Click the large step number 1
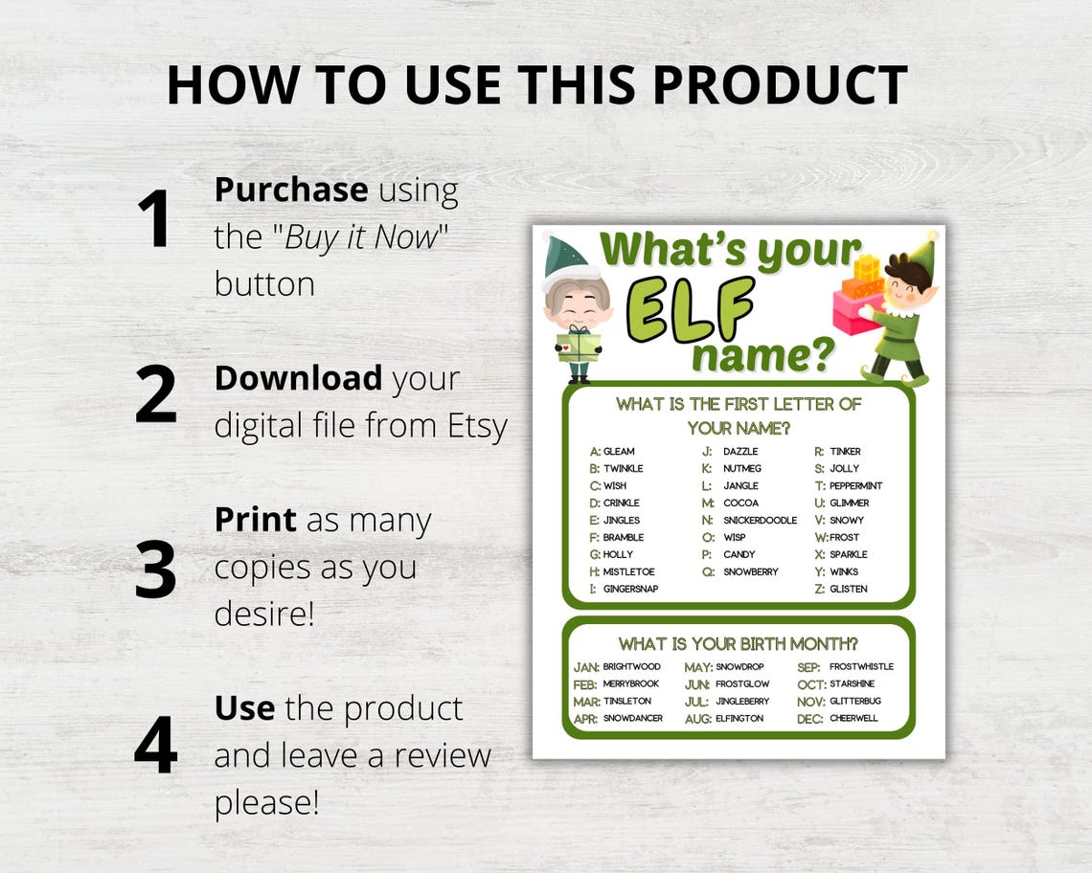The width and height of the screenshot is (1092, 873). (153, 219)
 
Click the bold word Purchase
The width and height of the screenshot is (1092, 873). (290, 190)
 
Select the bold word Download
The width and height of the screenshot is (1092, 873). (298, 378)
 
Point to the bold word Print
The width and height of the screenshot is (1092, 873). (255, 520)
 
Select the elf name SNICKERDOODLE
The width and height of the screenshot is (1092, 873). (760, 520)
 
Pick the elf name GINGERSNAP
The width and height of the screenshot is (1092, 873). (630, 589)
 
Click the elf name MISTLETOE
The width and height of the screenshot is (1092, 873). (629, 571)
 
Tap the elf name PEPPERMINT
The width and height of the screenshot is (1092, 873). (855, 485)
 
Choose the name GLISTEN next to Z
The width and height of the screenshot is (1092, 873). (848, 589)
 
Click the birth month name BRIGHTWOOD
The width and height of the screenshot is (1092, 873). (631, 666)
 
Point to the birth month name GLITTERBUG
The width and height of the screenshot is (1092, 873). (855, 701)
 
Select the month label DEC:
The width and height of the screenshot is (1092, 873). (810, 719)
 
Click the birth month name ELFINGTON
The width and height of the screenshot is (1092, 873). (739, 718)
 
